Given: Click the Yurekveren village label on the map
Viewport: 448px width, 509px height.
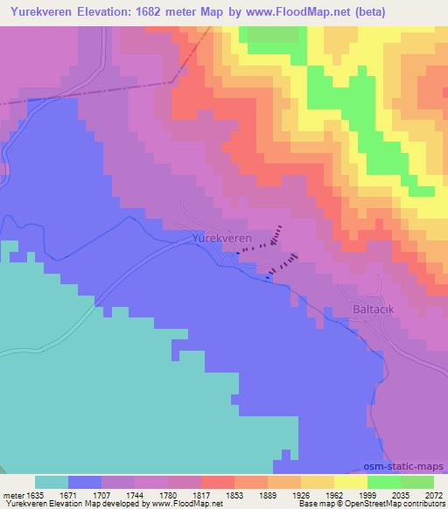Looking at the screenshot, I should pos(221,237).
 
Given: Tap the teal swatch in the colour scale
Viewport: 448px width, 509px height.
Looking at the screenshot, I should pos(52,482).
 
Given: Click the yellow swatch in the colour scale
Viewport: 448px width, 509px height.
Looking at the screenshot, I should pos(351,482).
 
